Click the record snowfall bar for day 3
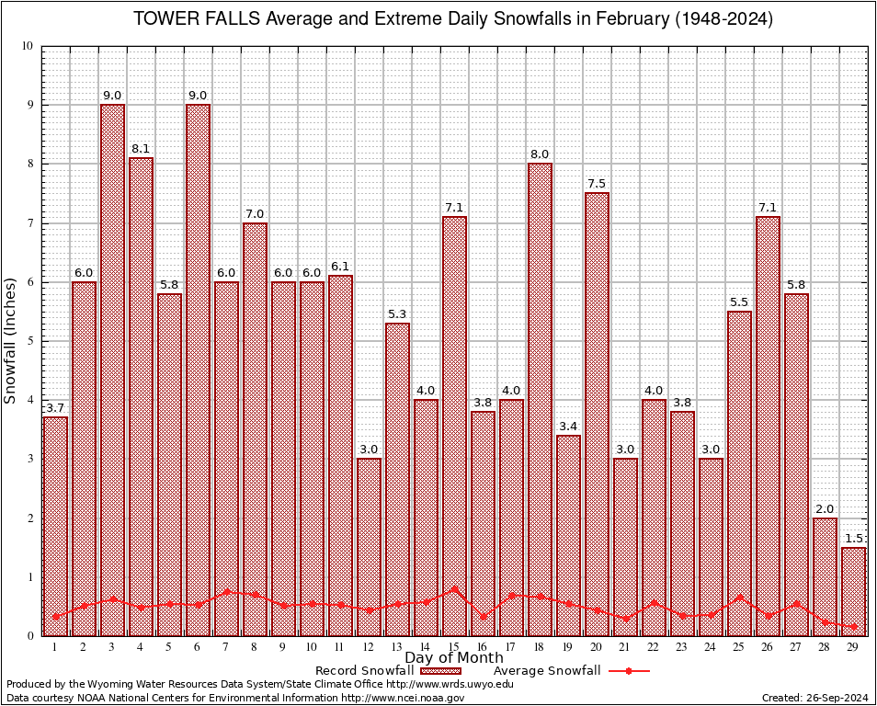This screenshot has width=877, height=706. tap(112, 368)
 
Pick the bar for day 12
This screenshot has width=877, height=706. tap(369, 547)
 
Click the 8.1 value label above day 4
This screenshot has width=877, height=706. tap(141, 148)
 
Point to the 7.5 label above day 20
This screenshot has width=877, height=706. tap(597, 183)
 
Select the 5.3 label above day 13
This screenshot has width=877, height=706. tap(397, 313)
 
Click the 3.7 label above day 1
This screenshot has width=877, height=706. tap(55, 407)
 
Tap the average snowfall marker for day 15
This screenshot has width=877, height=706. tap(454, 588)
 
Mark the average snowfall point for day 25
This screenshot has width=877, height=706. tap(739, 597)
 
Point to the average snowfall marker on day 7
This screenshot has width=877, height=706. tap(226, 592)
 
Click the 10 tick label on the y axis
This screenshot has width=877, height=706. tap(27, 46)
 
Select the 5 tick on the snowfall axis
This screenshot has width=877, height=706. tap(29, 341)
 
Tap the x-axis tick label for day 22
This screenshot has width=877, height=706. tap(654, 647)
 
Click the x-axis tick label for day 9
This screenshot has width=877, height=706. tap(283, 647)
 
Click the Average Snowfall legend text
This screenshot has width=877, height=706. tap(546, 670)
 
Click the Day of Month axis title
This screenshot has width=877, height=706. tap(453, 658)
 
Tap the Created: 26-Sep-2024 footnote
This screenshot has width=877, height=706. tap(814, 698)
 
